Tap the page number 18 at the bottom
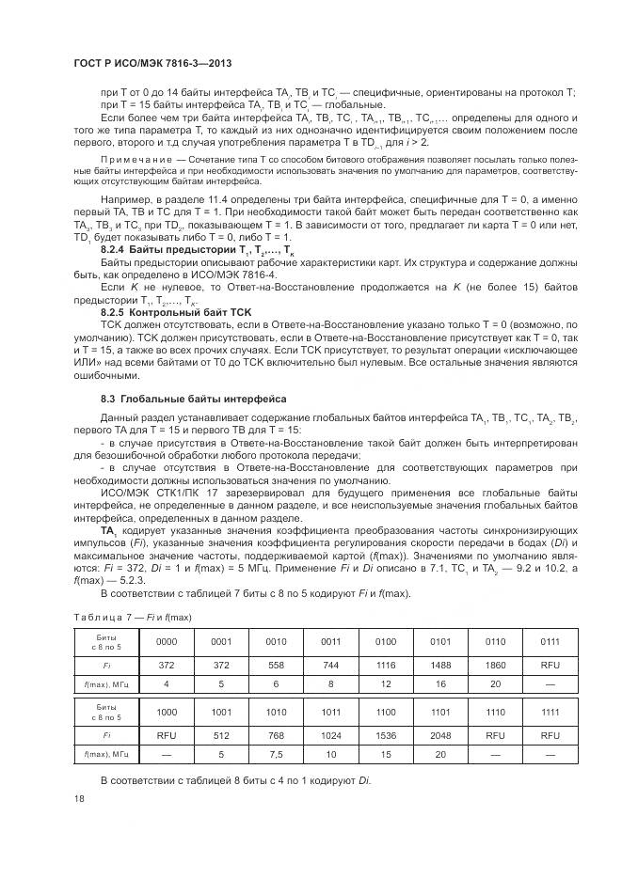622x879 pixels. coord(78,799)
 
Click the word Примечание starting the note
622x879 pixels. coord(134,163)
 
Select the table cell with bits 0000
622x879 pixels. coord(166,640)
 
